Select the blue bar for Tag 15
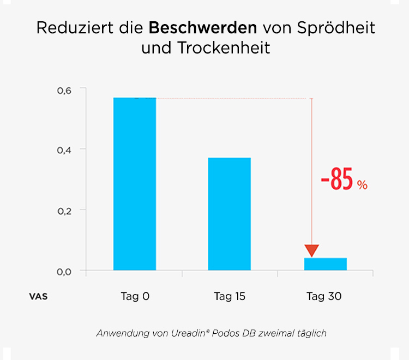tap(230, 214)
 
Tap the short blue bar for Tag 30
tap(325, 264)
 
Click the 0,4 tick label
tap(64, 150)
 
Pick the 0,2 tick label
tap(64, 211)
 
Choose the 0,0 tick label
tap(64, 272)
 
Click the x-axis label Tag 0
tap(135, 297)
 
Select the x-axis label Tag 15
tap(230, 297)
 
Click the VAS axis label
tap(38, 297)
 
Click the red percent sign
tap(362, 185)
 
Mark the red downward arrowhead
tap(311, 250)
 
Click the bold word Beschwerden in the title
tap(202, 28)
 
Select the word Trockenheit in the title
tap(223, 48)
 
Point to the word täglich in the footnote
tap(310, 333)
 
